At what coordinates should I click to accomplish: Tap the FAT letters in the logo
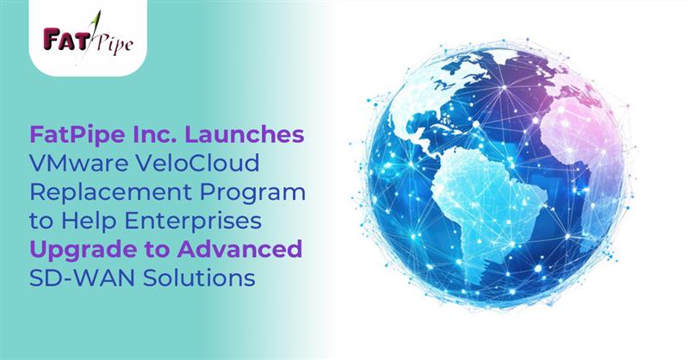[59, 38]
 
